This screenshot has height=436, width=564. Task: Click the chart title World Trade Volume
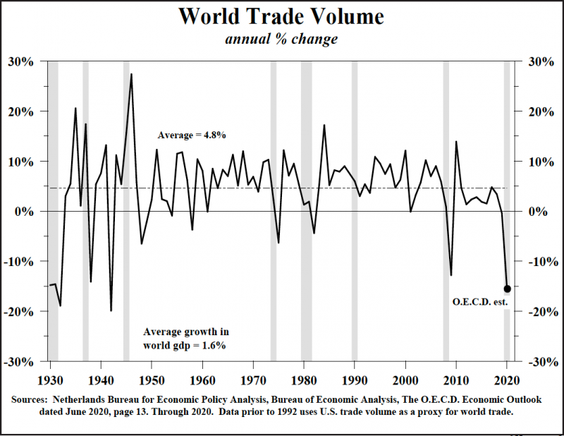coord(281,16)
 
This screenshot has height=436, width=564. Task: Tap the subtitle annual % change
coord(281,39)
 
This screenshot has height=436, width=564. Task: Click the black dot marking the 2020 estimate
coord(507,288)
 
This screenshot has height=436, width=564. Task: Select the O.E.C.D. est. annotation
coord(479,303)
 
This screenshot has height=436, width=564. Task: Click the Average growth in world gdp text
coord(185,338)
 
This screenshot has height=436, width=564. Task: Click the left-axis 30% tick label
coord(21,61)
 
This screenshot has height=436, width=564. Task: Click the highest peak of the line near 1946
coord(131,75)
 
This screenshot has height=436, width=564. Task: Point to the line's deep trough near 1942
coord(111,310)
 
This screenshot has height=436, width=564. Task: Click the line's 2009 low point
coord(451,274)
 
